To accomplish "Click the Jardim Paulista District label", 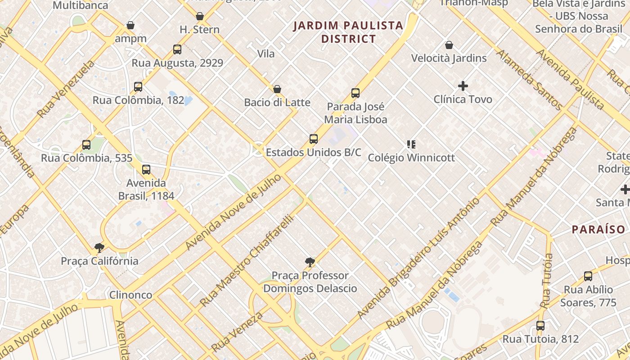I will tap(348, 32).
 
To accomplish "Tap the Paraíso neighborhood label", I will tap(598, 229).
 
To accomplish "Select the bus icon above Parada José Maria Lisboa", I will tap(355, 93).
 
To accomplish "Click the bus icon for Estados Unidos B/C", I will tap(314, 139).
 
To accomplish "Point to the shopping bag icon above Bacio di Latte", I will tap(277, 89).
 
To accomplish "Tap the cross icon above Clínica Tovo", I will tap(463, 85).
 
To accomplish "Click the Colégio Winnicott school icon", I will tap(411, 144).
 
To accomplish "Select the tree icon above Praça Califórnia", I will tap(99, 247).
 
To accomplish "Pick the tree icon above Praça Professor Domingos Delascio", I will tap(310, 262).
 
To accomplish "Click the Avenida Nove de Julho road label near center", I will tap(233, 212).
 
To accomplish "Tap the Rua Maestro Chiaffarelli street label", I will tap(247, 261).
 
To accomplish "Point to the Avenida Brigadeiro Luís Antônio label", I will tap(418, 259).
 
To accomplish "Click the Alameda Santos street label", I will tap(529, 80).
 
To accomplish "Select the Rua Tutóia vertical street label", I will tap(547, 281).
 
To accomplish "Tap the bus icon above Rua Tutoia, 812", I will tap(540, 326).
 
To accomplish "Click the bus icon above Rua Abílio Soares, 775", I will tap(588, 276).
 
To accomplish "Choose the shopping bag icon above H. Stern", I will tap(200, 17).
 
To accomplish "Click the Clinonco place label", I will tap(131, 295).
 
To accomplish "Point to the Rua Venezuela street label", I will tap(67, 89).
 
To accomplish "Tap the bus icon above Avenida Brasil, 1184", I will tap(146, 170).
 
